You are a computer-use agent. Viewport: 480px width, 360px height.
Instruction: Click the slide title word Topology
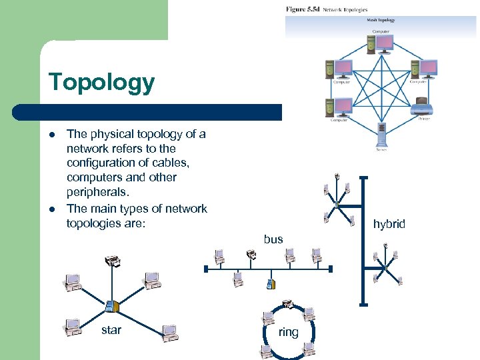(x=101, y=83)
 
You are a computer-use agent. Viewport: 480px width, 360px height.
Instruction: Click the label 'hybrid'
(x=389, y=224)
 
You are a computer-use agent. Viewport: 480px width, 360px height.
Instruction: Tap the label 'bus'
(x=273, y=239)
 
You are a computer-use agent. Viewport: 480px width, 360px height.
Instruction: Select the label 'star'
(x=111, y=329)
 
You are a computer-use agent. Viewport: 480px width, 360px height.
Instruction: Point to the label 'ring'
(x=288, y=331)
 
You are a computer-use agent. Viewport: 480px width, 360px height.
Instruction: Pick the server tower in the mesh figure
(x=381, y=134)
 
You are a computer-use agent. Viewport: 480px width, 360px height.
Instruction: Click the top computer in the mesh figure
(x=381, y=43)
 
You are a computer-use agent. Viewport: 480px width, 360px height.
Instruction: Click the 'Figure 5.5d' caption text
(x=303, y=10)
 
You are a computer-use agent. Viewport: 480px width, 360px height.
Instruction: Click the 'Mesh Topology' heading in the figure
(x=381, y=20)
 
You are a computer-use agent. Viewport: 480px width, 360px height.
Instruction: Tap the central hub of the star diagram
(x=111, y=306)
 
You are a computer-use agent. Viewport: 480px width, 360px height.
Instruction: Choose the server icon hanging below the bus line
(x=269, y=285)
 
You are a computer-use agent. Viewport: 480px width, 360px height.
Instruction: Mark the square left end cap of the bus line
(x=207, y=269)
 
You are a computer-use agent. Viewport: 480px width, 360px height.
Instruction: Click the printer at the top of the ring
(x=287, y=305)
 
